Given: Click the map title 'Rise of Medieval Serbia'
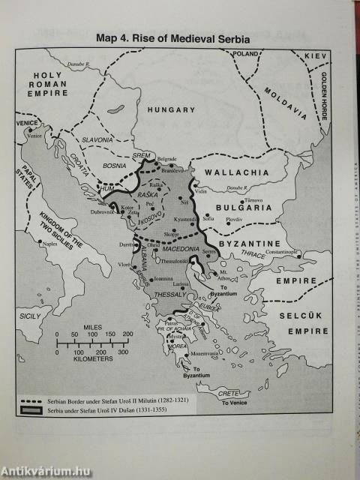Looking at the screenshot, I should [172, 37].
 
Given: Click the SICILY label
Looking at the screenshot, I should [30, 317].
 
